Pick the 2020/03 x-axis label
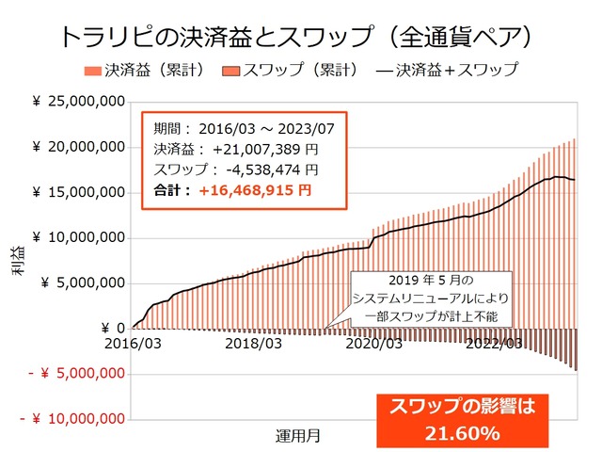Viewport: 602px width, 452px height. (374, 344)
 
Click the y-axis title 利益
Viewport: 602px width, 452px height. (19, 260)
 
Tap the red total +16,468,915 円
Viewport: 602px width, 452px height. (255, 190)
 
